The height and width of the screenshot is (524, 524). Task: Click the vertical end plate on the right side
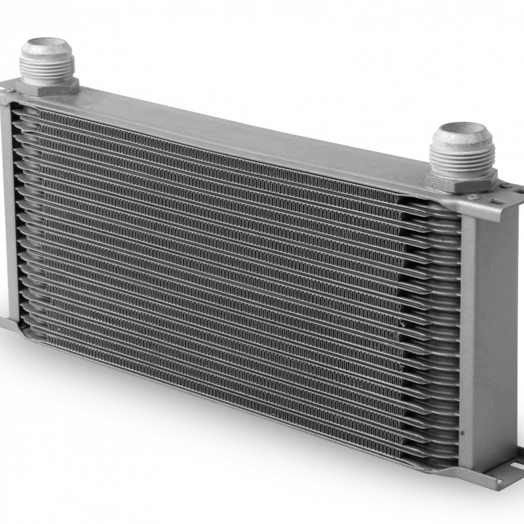coord(488,327)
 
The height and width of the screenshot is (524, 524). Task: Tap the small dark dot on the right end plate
coord(463,434)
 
